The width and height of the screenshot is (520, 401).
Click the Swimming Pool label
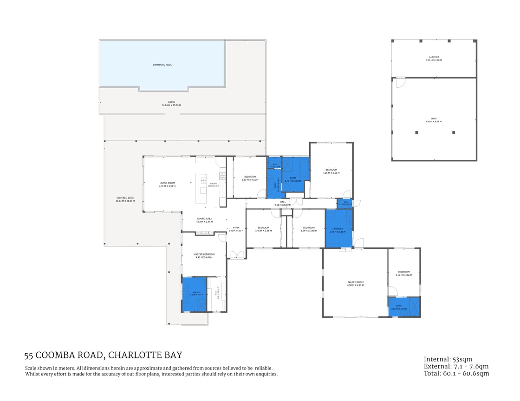[x=162, y=65]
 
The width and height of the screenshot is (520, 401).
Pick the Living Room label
[x=167, y=184]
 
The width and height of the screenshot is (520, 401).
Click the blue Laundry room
[x=338, y=227]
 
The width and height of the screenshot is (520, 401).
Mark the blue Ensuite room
[x=194, y=294]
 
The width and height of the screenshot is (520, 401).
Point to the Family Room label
[x=356, y=283]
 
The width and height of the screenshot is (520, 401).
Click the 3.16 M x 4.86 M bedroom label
[x=403, y=273]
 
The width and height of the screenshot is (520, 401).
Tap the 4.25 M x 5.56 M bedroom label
[x=331, y=171]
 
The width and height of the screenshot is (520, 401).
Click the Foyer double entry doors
[x=237, y=254]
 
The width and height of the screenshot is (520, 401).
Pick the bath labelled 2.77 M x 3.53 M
[x=293, y=179]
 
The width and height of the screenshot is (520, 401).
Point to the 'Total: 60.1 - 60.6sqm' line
[x=456, y=373]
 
